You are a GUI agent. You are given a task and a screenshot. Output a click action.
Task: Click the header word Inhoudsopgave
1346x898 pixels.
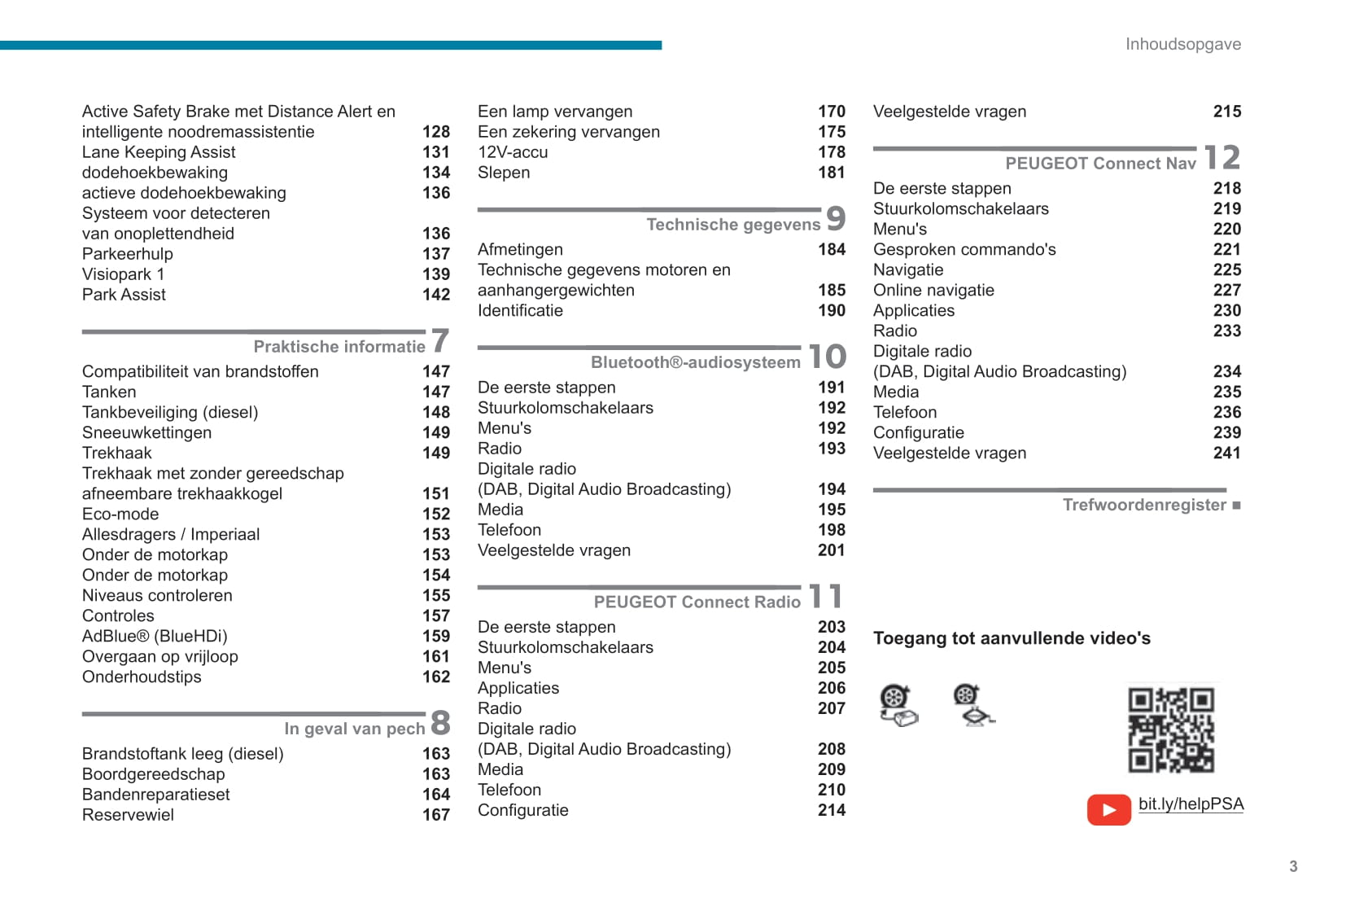[1182, 44]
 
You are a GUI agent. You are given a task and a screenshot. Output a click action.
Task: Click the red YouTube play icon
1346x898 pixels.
[1108, 809]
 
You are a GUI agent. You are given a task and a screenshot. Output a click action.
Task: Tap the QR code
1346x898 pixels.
[1170, 729]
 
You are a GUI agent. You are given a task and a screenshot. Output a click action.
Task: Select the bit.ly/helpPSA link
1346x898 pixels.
[1191, 804]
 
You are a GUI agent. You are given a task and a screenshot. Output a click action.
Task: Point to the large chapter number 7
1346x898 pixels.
[440, 341]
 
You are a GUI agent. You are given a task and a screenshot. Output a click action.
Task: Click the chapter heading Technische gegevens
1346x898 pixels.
[733, 225]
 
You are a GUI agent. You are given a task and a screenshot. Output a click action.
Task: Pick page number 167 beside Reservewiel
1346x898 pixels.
[436, 815]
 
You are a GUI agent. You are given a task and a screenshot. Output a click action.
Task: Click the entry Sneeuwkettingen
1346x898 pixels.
[146, 432]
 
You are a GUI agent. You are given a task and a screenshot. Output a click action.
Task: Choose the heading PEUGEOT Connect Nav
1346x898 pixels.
[1100, 164]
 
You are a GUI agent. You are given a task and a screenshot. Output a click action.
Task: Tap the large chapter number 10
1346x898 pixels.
[828, 357]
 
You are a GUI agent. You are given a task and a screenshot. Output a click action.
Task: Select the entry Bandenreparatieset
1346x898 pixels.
[155, 795]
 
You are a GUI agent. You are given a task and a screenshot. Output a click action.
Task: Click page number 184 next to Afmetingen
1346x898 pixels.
[832, 249]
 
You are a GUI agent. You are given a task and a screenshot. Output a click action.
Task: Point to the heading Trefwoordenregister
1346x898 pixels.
[1143, 505]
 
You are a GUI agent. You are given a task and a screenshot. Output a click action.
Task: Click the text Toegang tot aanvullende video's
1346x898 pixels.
[1012, 638]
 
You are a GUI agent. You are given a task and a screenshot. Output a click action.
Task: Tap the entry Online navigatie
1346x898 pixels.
[933, 290]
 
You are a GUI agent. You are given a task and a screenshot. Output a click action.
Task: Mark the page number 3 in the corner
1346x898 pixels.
[1293, 866]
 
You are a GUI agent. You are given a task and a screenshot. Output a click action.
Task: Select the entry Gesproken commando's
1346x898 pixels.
[964, 249]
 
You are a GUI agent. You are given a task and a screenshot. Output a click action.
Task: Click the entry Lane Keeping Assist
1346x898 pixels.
[159, 152]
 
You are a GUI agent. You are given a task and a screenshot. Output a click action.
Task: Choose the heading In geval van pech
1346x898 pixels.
[354, 729]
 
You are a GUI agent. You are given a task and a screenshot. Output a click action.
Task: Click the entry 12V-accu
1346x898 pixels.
[513, 152]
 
